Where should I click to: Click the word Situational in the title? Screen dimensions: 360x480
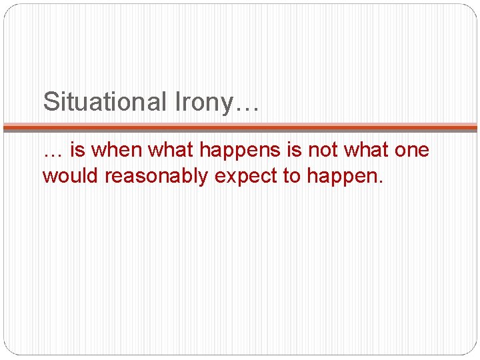point(103,102)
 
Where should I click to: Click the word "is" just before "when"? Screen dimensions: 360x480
point(77,151)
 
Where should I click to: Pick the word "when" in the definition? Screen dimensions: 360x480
point(117,151)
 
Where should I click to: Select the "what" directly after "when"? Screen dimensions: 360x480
point(170,151)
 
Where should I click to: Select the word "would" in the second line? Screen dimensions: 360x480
point(68,176)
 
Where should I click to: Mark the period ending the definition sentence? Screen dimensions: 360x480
point(383,181)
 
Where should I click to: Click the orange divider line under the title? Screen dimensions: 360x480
point(240,127)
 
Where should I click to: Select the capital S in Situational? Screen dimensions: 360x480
point(50,102)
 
